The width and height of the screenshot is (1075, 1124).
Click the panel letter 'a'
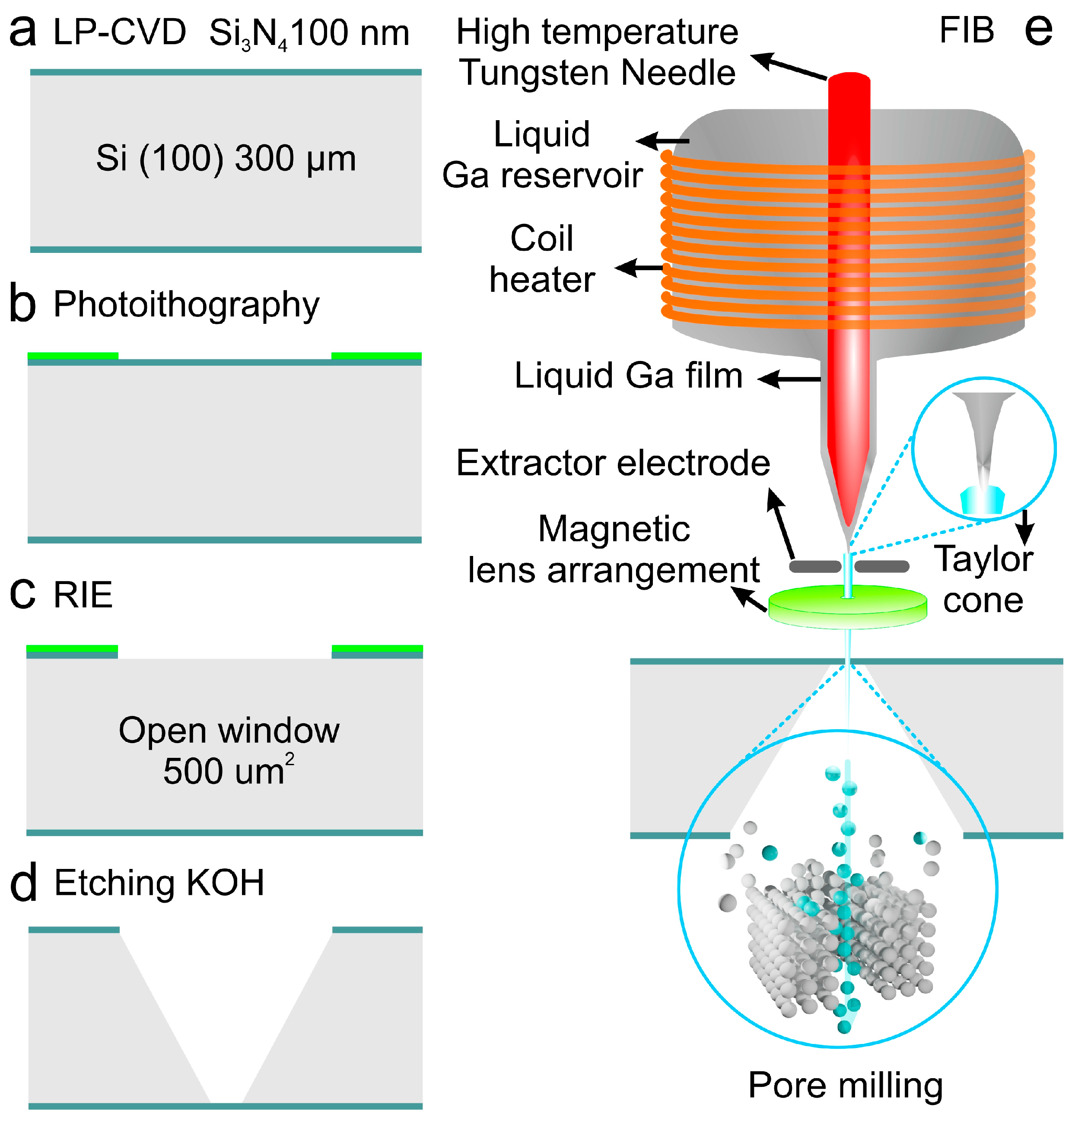click(23, 33)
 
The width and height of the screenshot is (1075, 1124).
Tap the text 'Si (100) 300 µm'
click(226, 158)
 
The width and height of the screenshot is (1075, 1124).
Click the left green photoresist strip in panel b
click(73, 355)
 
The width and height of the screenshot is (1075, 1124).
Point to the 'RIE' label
click(83, 595)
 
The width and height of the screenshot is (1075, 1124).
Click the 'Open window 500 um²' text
click(229, 750)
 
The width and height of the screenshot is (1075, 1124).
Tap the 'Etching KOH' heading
click(159, 883)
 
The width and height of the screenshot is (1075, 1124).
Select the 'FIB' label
click(966, 30)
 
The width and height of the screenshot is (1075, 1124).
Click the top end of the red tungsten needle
click(849, 79)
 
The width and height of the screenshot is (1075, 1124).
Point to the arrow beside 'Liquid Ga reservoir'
click(662, 140)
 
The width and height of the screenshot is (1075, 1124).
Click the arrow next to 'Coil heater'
click(639, 268)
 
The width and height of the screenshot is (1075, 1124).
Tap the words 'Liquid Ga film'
click(629, 376)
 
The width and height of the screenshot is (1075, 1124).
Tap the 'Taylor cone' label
click(983, 579)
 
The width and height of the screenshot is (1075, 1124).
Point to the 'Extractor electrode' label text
click(613, 463)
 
